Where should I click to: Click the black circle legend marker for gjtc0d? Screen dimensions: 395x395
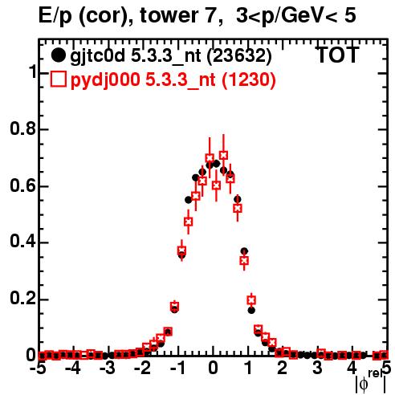pos(58,55)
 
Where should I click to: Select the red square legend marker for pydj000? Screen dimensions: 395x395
pos(58,79)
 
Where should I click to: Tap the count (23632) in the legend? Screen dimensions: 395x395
pos(239,56)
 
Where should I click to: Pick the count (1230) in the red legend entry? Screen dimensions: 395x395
pos(249,80)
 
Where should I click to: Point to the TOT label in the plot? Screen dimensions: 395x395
pos(337,55)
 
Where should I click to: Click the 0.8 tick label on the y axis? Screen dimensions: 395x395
pos(22,128)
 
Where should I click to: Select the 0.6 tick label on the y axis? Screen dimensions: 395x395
pos(22,185)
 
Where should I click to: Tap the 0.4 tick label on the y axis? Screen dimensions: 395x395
pos(22,242)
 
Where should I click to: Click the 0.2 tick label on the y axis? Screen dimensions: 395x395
pos(22,299)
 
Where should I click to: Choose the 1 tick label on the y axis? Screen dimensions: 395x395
pos(33,72)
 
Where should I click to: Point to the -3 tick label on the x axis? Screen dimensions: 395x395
pos(108,369)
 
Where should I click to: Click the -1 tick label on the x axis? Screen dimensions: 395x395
pos(177,369)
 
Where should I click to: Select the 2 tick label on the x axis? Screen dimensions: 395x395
pos(282,369)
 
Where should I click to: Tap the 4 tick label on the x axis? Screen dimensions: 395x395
pos(352,369)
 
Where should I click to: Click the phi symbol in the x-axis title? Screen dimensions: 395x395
pos(364,384)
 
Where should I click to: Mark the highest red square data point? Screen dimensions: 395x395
pos(223,155)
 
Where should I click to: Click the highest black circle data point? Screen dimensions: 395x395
pos(217,164)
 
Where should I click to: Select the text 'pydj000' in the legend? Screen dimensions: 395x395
pos(105,80)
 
